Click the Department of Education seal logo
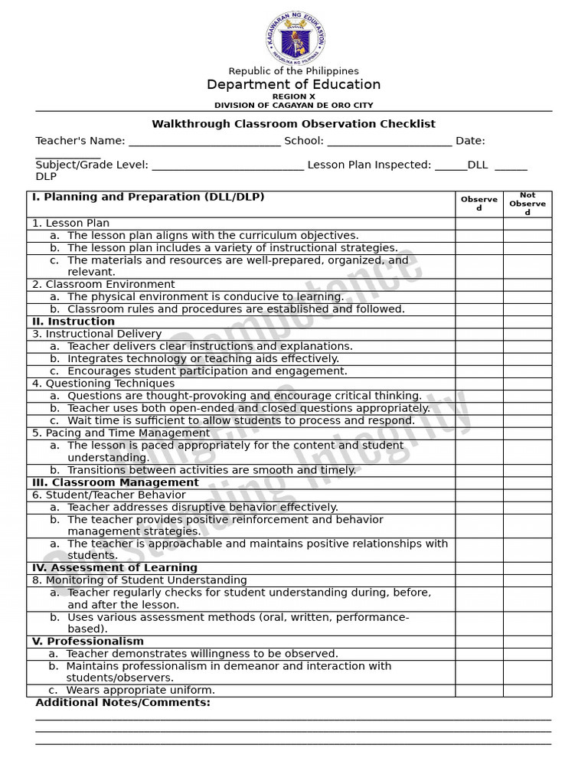pyautogui.click(x=295, y=38)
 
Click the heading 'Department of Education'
pyautogui.click(x=293, y=84)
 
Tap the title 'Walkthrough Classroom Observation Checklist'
pyautogui.click(x=293, y=124)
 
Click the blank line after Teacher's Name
pyautogui.click(x=204, y=142)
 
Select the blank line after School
pyautogui.click(x=389, y=142)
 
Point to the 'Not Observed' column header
pyautogui.click(x=528, y=204)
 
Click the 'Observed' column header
pyautogui.click(x=479, y=204)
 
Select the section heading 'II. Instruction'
pyautogui.click(x=73, y=322)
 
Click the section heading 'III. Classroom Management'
pyautogui.click(x=115, y=482)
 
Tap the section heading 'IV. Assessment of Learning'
pyautogui.click(x=115, y=568)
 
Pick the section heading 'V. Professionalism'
pyautogui.click(x=87, y=642)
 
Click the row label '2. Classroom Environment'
pyautogui.click(x=103, y=285)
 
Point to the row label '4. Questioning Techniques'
pyautogui.click(x=103, y=384)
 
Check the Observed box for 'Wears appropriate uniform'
pyautogui.click(x=479, y=691)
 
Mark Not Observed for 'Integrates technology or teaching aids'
pyautogui.click(x=528, y=359)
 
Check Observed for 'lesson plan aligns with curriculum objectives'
pyautogui.click(x=479, y=236)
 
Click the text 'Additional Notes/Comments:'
pyautogui.click(x=122, y=703)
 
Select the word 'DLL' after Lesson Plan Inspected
pyautogui.click(x=478, y=165)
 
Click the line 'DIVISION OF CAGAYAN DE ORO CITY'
pyautogui.click(x=293, y=105)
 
